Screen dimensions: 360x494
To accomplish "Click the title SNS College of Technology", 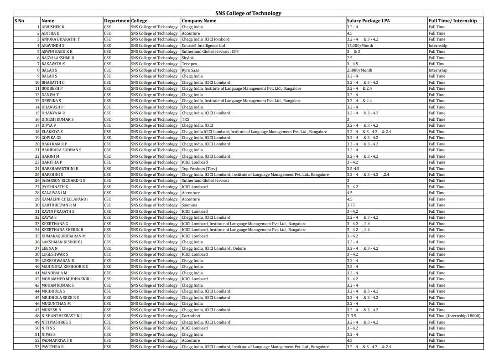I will (248, 13).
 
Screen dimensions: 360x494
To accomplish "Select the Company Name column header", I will (199, 21).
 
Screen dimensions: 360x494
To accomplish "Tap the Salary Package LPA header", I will (368, 21).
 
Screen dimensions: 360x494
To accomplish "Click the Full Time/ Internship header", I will (452, 21).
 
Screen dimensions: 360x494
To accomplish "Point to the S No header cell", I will (19, 21).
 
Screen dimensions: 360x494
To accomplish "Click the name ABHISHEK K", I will (53, 27).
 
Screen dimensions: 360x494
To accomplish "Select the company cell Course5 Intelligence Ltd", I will (203, 46).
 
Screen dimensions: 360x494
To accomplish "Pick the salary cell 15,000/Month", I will (360, 46).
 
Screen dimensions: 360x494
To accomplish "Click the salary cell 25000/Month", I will (359, 70).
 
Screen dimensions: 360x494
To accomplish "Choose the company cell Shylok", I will (188, 58).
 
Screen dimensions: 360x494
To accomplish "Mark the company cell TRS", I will (186, 119).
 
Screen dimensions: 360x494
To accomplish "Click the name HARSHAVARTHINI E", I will (60, 169).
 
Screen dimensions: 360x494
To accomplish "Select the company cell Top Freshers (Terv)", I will (199, 169).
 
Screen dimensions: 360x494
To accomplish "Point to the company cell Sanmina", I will (190, 206).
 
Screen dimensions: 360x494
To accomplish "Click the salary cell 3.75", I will (351, 206).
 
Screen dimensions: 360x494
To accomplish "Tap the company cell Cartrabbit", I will (191, 316).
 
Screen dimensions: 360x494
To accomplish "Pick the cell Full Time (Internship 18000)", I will (454, 316).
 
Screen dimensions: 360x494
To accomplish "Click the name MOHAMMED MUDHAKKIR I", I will (67, 279).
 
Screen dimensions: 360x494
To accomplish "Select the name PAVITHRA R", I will (53, 347).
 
